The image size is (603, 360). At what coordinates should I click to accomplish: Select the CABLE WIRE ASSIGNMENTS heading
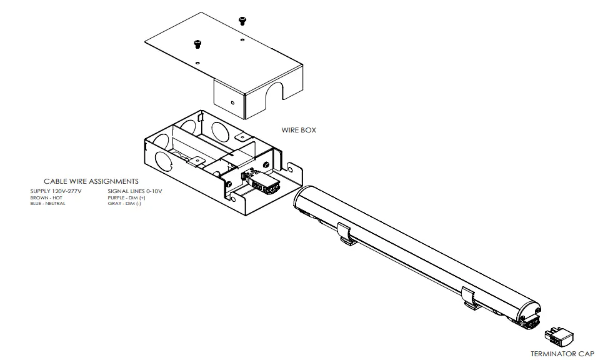pos(91,181)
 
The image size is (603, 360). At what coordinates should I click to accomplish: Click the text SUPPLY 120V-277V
pos(56,191)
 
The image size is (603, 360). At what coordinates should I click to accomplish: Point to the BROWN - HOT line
pos(46,197)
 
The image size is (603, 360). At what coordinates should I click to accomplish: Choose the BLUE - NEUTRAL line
pos(47,204)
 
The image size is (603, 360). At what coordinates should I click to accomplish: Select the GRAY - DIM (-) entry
pos(124,204)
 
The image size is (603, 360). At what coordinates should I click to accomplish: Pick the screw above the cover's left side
pos(198,44)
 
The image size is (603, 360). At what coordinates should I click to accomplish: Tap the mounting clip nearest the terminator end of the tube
pos(472,297)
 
